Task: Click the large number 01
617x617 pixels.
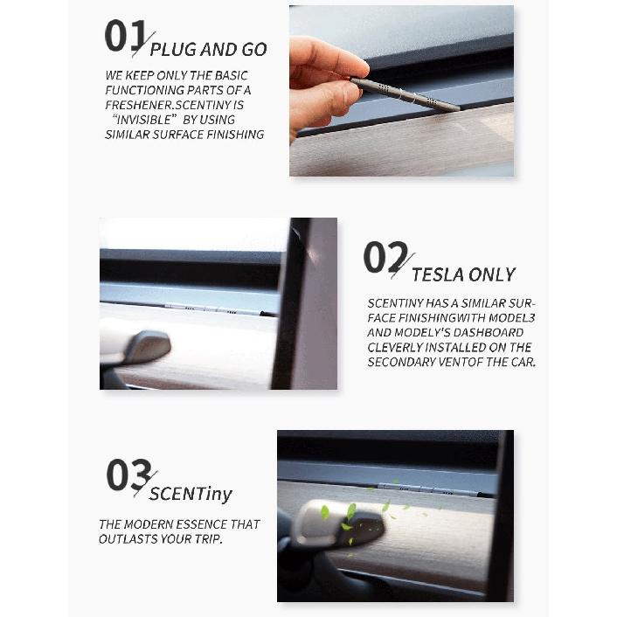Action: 126,36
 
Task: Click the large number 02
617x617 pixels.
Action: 385,257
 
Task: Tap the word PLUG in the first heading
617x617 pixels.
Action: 173,50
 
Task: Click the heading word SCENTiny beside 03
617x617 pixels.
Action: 191,494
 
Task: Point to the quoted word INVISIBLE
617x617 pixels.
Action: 144,119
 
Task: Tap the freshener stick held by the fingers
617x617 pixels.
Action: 406,94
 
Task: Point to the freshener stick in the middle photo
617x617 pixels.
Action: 220,308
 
